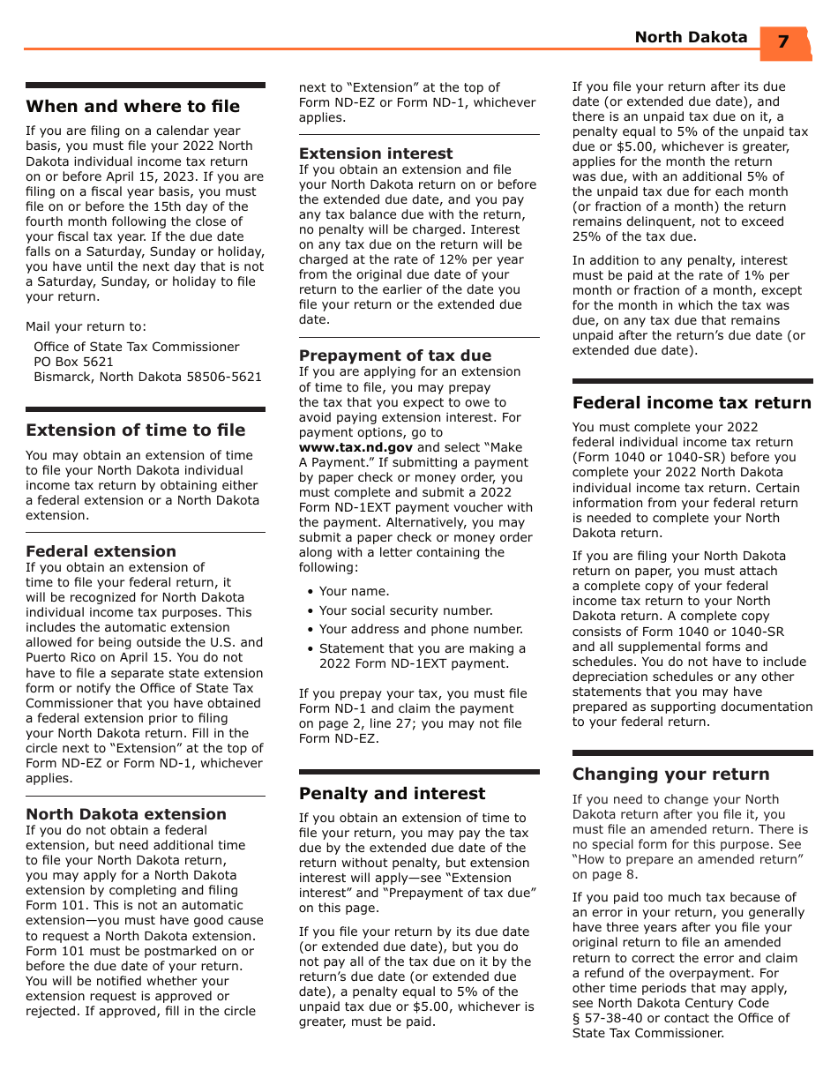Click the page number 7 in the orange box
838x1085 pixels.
click(782, 41)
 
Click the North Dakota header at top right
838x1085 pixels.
click(691, 37)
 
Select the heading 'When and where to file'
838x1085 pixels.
click(132, 107)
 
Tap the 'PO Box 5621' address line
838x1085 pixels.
click(73, 362)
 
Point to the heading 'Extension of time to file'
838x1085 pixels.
click(135, 430)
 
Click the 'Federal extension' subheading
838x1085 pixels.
click(101, 551)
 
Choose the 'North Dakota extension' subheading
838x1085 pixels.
click(126, 814)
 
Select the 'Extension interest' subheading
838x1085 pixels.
click(376, 153)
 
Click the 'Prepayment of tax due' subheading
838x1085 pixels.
click(394, 355)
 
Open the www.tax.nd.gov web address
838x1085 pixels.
click(355, 447)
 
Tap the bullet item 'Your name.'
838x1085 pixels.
click(354, 591)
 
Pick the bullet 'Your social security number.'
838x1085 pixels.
click(406, 610)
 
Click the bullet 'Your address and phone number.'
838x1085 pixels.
click(421, 629)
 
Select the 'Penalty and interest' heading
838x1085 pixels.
click(392, 794)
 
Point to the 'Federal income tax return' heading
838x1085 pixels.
click(692, 403)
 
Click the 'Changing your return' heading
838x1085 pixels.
click(670, 774)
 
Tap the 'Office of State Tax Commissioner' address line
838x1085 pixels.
click(137, 347)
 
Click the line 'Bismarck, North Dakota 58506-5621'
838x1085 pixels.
click(147, 377)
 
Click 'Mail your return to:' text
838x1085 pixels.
click(86, 326)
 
